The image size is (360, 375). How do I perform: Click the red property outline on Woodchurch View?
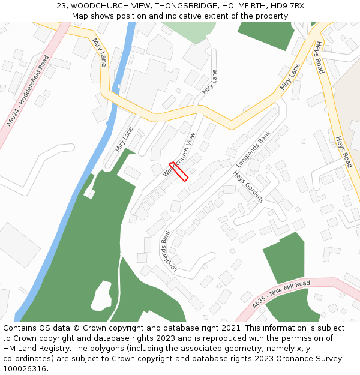pyautogui.click(x=179, y=171)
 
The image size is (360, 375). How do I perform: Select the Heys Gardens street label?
pyautogui.click(x=248, y=187)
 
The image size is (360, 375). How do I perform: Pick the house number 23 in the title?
pyautogui.click(x=62, y=6)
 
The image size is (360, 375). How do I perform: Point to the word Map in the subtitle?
pyautogui.click(x=80, y=16)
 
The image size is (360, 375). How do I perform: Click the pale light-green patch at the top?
pyautogui.click(x=188, y=31)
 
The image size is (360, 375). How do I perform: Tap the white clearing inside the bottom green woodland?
pyautogui.click(x=101, y=296)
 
